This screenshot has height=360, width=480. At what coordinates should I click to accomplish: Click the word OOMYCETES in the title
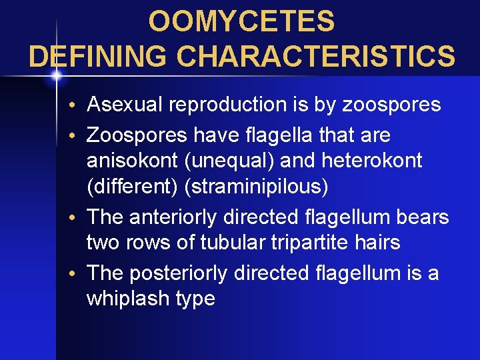tap(241, 21)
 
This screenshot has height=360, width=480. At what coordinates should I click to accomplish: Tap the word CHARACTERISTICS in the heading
tap(317, 56)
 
